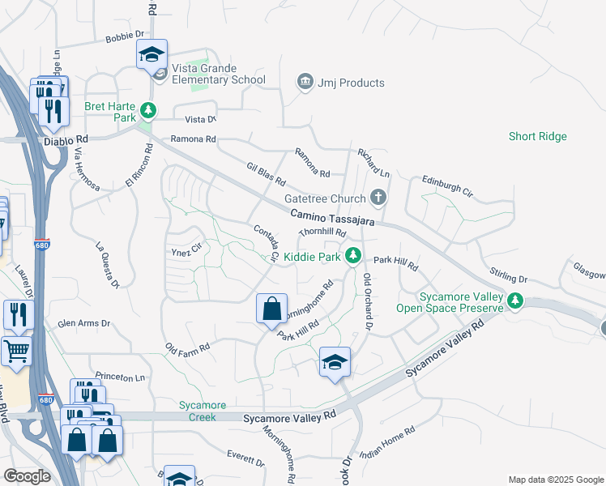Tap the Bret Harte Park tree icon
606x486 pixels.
147,110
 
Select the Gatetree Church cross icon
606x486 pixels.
378,197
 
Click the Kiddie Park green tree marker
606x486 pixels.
352,255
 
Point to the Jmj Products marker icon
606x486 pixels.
305,82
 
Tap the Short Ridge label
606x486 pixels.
538,137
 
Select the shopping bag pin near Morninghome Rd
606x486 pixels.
272,309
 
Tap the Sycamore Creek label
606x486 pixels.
202,411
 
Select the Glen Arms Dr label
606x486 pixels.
83,323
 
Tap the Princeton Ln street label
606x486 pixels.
120,377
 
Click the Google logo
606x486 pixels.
27,476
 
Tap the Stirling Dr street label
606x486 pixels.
508,275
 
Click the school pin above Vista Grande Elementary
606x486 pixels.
151,54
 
